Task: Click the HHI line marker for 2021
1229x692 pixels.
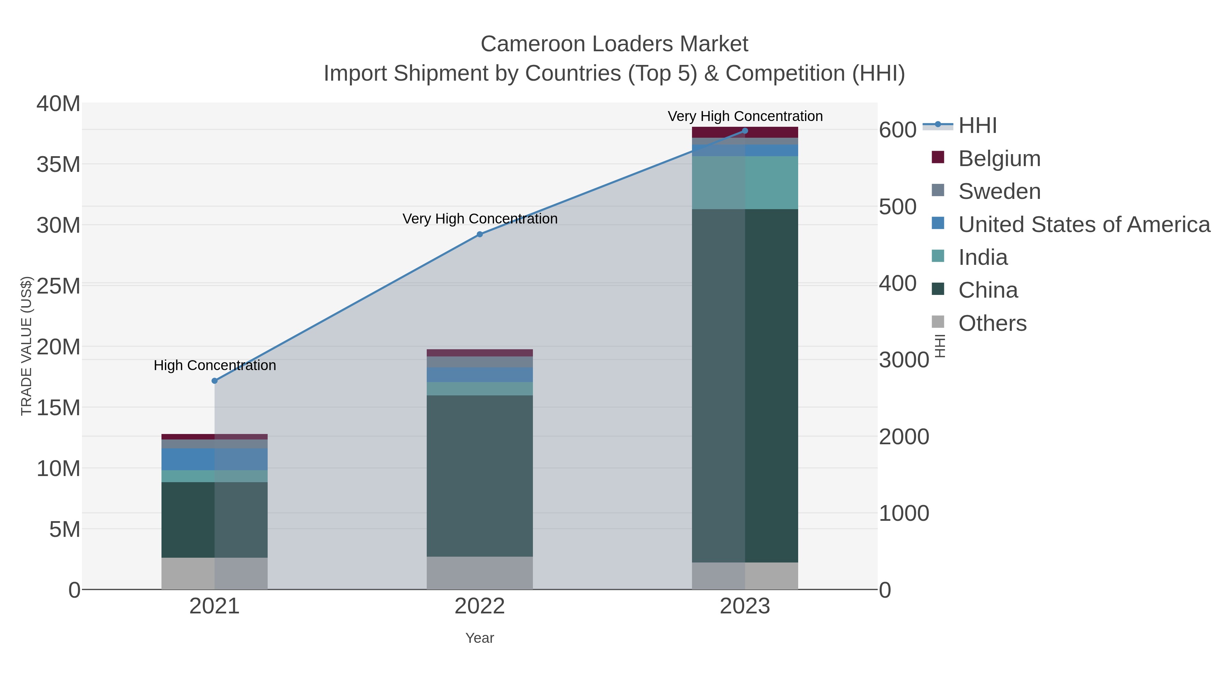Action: pyautogui.click(x=215, y=381)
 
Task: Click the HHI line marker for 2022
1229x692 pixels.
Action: pyautogui.click(x=480, y=234)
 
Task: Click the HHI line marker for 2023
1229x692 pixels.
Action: pyautogui.click(x=745, y=131)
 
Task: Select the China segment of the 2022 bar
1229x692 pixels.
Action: pyautogui.click(x=480, y=475)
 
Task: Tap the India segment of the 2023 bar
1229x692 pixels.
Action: pyautogui.click(x=745, y=182)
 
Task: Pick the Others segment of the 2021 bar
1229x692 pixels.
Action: pyautogui.click(x=215, y=573)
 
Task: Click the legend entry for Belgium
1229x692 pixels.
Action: pyautogui.click(x=999, y=159)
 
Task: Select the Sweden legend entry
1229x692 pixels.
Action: pyautogui.click(x=999, y=191)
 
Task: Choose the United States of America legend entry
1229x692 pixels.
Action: pyautogui.click(x=1083, y=225)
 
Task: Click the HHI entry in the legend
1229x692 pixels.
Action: pyautogui.click(x=977, y=126)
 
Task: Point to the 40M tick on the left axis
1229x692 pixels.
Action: pyautogui.click(x=58, y=104)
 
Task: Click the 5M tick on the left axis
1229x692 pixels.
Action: pyautogui.click(x=65, y=529)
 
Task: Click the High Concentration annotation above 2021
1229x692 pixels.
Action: pyautogui.click(x=215, y=365)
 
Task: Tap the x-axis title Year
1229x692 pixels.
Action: pyautogui.click(x=480, y=638)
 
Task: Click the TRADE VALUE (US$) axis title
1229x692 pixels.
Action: pyautogui.click(x=26, y=346)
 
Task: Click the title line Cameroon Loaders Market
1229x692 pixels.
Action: pyautogui.click(x=614, y=44)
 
